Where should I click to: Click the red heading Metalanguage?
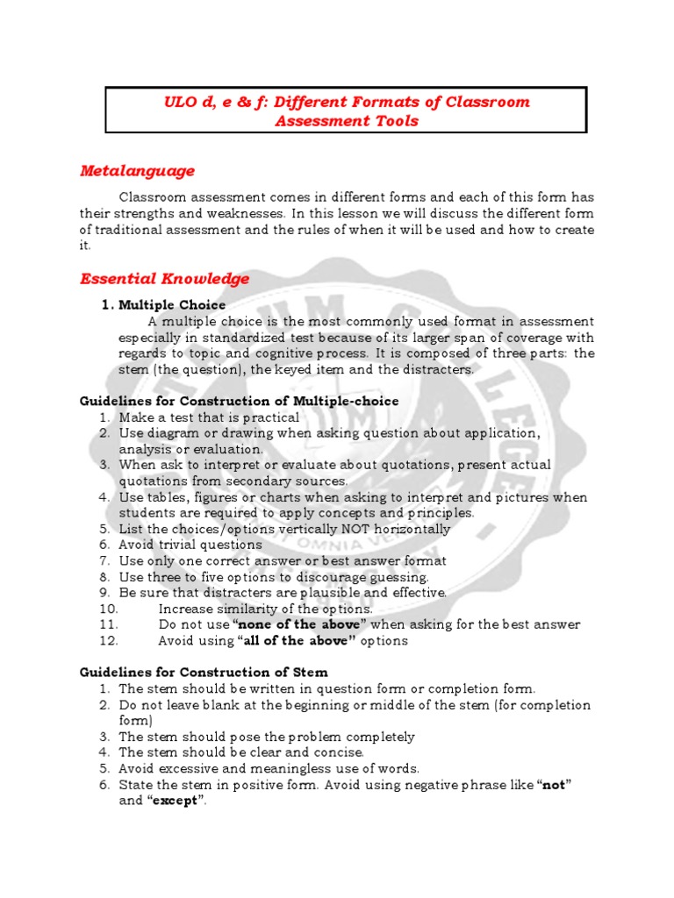tap(137, 170)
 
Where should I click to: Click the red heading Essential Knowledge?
tap(165, 279)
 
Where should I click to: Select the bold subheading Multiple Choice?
tap(172, 305)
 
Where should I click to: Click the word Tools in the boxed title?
tap(397, 122)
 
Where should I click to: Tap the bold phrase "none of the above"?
tap(299, 625)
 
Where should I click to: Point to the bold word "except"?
tap(176, 802)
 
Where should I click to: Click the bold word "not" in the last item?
tap(553, 786)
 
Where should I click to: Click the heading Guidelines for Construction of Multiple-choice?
tap(239, 402)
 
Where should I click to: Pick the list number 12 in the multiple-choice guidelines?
tap(108, 641)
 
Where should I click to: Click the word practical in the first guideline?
tap(268, 418)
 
